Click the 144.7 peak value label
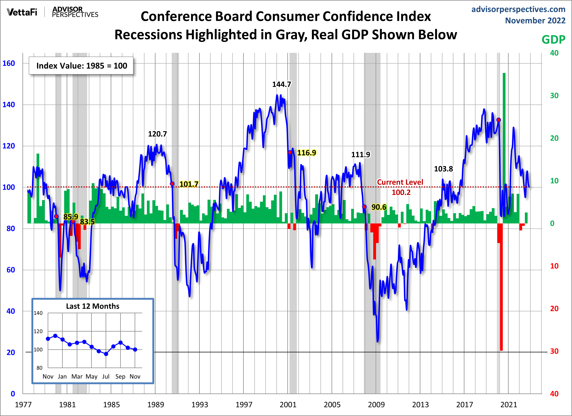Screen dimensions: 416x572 point(282,84)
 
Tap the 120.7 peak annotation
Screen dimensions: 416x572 point(157,134)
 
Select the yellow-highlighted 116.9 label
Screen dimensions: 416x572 point(306,153)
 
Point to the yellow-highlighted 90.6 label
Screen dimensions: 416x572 point(379,207)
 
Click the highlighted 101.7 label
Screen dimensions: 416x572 point(189,184)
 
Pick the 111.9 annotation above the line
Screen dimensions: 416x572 point(361,155)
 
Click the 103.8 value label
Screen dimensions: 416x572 point(443,169)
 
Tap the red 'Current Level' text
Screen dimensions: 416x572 point(400,182)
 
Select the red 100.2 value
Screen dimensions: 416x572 point(401,192)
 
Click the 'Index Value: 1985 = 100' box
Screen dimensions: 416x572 point(81,66)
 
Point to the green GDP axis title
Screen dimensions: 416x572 point(553,40)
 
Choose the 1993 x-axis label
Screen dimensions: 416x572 point(199,405)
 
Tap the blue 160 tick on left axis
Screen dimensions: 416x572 point(9,63)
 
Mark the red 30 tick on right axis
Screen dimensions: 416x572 point(554,351)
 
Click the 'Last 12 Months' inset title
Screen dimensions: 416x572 point(93,306)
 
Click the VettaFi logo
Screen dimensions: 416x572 point(22,12)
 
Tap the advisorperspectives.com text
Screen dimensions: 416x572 point(518,9)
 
